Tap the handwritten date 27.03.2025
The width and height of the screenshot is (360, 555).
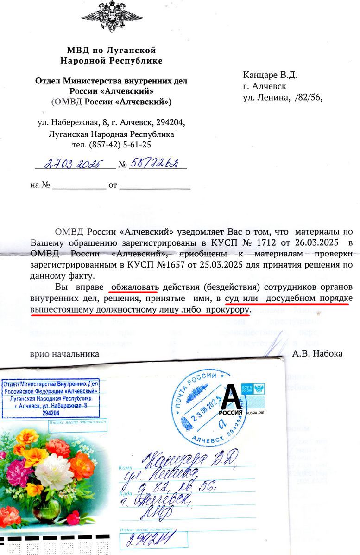[75, 164]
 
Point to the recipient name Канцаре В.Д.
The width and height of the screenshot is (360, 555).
[270, 75]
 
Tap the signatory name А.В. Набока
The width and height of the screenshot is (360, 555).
[317, 353]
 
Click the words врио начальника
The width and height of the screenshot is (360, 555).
[64, 353]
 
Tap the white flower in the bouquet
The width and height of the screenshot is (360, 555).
[55, 473]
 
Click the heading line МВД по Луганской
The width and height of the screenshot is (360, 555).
[111, 51]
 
